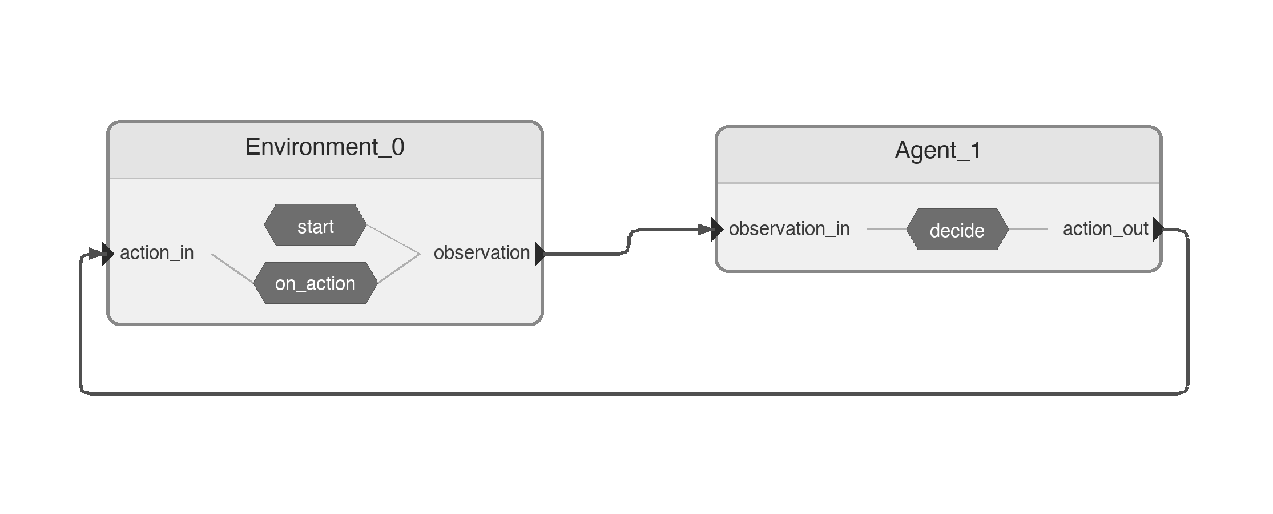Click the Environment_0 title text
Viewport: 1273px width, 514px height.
325,147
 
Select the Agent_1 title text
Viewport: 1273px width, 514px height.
938,151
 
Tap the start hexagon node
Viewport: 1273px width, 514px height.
315,226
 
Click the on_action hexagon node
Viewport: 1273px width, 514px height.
315,283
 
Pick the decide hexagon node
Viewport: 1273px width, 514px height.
957,230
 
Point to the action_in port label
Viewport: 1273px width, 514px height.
157,252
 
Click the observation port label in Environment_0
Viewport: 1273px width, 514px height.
481,252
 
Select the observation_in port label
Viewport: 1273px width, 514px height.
789,229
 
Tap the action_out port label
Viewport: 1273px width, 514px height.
1105,229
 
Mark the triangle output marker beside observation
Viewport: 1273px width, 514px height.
540,253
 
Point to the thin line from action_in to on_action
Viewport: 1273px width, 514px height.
232,268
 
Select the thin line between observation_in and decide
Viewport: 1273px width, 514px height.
886,230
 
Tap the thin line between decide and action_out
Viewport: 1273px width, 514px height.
1028,230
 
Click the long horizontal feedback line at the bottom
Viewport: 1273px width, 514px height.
628,393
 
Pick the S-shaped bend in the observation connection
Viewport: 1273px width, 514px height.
629,241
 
